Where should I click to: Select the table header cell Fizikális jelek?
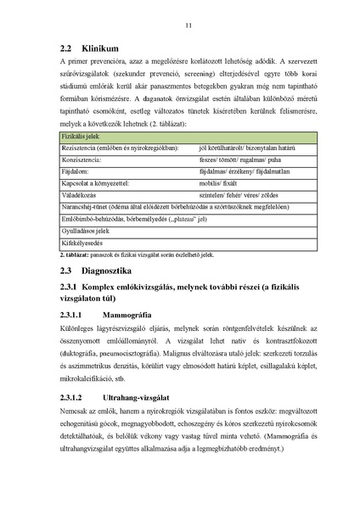[x=79, y=136]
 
